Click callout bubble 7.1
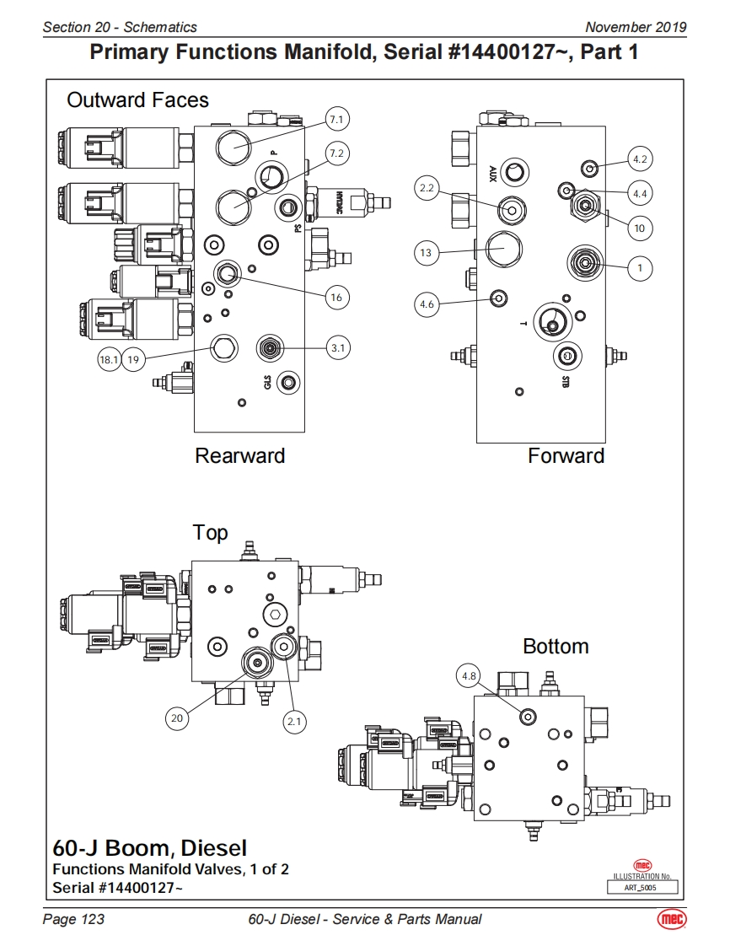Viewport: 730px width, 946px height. point(336,120)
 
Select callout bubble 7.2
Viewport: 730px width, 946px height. point(336,153)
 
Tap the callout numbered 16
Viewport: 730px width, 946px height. point(336,297)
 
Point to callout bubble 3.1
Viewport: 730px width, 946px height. point(337,347)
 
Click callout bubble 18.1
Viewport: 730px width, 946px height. point(110,360)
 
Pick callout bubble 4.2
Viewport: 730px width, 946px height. point(640,159)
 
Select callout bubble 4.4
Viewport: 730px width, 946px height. point(640,193)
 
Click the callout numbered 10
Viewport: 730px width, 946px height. point(640,228)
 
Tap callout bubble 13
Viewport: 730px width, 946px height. point(427,252)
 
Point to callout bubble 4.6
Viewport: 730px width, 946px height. point(427,304)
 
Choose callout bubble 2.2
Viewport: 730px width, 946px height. point(427,189)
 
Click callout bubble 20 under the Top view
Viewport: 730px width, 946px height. point(176,718)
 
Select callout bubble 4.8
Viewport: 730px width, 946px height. point(470,675)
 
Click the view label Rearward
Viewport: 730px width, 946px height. point(240,456)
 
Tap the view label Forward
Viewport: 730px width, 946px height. point(566,456)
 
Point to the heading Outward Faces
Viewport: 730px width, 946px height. point(137,100)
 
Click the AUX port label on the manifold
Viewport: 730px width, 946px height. point(492,174)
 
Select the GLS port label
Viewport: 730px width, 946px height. point(267,384)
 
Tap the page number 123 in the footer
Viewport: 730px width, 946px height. point(74,919)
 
